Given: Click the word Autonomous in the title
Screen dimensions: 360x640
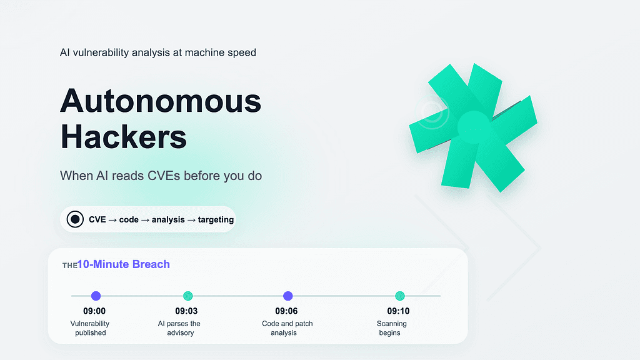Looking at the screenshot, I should coord(161,101).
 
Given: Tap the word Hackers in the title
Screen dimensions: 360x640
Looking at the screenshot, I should coord(123,136).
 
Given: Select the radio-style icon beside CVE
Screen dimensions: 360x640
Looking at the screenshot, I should coord(75,219).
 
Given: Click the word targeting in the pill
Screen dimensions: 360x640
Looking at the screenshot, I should coord(216,219).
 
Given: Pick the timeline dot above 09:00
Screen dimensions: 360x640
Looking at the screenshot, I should coord(96,296).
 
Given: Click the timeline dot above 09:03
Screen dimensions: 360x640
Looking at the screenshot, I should coord(188,296).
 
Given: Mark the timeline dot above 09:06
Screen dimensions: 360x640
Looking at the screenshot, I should coord(287,296).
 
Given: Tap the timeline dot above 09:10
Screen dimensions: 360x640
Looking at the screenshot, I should coord(400,296).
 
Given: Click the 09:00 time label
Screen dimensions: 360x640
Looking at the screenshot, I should coord(94,311).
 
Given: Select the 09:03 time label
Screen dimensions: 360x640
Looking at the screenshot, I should coord(186,311).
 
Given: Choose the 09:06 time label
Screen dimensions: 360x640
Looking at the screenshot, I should coord(287,311).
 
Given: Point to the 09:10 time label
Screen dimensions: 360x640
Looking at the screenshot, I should coord(398,311).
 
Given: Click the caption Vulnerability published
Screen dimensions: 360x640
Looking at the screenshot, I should coord(90,328).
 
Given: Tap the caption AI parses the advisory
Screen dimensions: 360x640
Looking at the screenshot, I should coord(179,328).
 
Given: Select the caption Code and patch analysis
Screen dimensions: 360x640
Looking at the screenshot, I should coord(287,328).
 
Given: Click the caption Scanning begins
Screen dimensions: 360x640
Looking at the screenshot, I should coord(391,328).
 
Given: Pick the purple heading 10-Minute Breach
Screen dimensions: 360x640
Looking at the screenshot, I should coord(124,264).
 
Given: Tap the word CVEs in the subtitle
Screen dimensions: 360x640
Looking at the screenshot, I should coord(164,176).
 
